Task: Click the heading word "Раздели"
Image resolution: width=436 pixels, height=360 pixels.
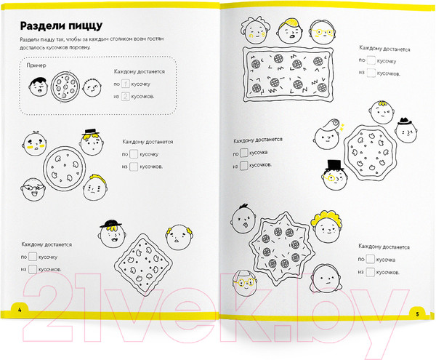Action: point(40,26)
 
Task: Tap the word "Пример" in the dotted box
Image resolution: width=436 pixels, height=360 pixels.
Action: point(36,65)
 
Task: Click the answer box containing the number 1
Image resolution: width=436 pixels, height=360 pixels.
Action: point(126,84)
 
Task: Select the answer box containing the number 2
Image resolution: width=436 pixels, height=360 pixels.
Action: point(126,97)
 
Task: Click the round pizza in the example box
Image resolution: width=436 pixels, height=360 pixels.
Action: point(65,87)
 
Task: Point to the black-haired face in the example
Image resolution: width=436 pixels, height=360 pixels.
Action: point(38,87)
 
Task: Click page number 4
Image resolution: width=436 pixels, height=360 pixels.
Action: point(20,310)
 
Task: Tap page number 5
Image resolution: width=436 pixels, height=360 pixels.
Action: point(417,314)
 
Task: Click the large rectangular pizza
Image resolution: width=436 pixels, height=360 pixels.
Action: point(288,74)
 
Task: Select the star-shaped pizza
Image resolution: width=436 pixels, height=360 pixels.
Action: point(282,248)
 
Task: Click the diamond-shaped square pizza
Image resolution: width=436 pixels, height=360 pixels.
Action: point(143,265)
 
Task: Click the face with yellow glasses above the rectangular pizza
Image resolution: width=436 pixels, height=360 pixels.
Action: point(322,32)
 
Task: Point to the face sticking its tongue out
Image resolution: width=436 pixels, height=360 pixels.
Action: point(243,220)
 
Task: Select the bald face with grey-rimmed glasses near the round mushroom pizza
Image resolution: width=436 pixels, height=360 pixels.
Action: point(33,190)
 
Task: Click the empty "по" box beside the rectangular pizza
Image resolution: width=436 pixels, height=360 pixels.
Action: point(371,60)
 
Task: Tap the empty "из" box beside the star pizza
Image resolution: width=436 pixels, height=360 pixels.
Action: point(371,272)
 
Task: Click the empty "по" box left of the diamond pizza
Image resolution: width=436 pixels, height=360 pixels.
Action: point(33,257)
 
